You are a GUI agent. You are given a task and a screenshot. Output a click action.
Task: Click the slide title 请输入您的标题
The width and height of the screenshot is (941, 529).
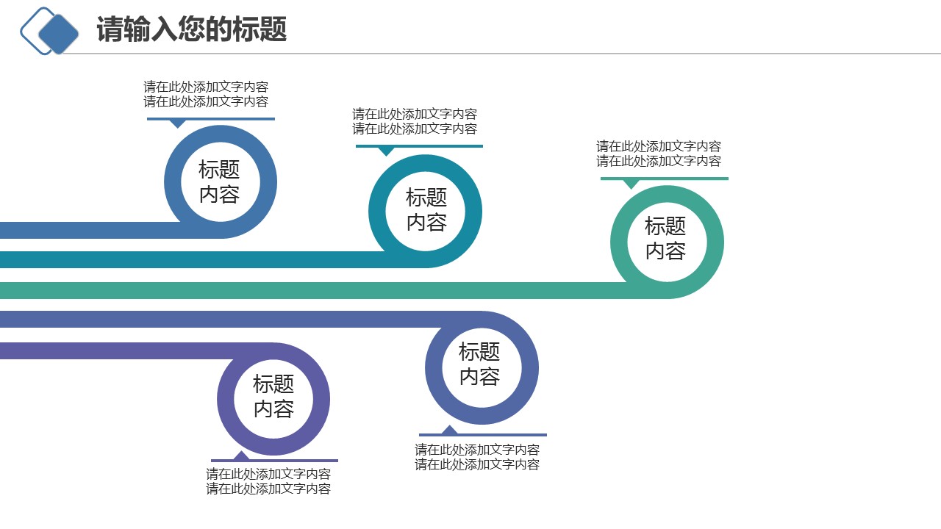pyautogui.click(x=191, y=30)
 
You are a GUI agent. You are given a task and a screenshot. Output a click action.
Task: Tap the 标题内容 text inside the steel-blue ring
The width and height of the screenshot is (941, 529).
pyautogui.click(x=220, y=181)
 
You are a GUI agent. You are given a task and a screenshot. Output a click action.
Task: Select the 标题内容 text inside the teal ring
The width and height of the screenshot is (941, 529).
pyautogui.click(x=426, y=209)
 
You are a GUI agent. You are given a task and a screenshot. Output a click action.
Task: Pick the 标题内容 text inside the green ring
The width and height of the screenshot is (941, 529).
pyautogui.click(x=666, y=238)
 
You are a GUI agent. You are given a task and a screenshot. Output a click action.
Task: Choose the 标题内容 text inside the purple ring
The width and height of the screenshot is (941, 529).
pyautogui.click(x=273, y=396)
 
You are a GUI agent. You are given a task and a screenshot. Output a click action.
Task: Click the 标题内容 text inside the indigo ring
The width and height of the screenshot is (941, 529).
pyautogui.click(x=480, y=364)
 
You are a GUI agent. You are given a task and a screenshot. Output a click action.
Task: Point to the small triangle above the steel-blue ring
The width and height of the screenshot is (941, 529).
pyautogui.click(x=177, y=123)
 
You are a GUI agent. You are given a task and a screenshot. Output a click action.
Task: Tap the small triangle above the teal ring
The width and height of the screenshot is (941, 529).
pyautogui.click(x=386, y=151)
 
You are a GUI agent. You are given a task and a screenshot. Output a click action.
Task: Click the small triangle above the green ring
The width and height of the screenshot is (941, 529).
pyautogui.click(x=631, y=183)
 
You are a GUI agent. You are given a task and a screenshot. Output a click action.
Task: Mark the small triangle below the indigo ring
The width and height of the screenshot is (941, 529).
pyautogui.click(x=448, y=430)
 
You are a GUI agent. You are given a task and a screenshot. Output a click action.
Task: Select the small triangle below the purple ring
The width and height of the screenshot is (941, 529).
pyautogui.click(x=240, y=456)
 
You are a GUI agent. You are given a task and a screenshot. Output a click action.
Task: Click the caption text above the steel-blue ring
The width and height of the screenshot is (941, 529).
pyautogui.click(x=206, y=94)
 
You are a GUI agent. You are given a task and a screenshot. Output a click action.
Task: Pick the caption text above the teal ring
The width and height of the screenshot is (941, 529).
pyautogui.click(x=415, y=121)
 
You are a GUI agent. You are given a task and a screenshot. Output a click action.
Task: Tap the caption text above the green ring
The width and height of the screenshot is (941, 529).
pyautogui.click(x=659, y=154)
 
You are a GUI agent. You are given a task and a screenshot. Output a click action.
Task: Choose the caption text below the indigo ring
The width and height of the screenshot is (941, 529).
pyautogui.click(x=477, y=457)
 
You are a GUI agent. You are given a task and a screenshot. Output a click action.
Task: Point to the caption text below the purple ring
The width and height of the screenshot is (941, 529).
pyautogui.click(x=268, y=481)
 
